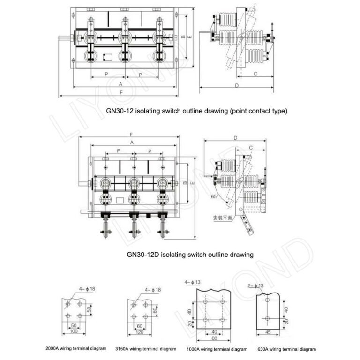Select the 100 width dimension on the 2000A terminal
pos(74,332)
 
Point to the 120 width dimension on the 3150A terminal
pos(139,332)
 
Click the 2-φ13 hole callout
pos(255,285)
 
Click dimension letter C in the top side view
pos(255,74)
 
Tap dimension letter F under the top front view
pos(121,93)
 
